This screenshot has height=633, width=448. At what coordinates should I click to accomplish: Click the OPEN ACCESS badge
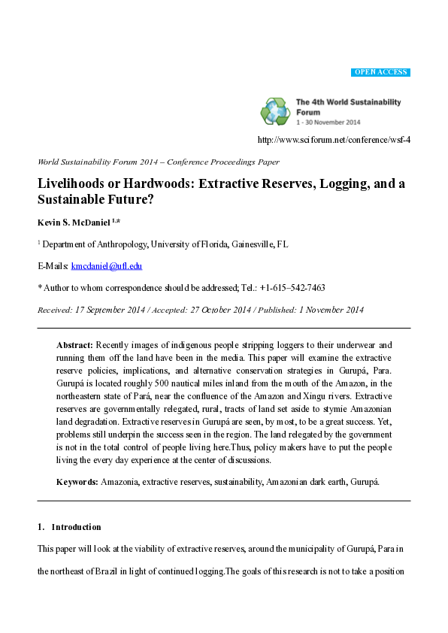point(380,72)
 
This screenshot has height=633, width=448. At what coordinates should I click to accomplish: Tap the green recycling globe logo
point(275,111)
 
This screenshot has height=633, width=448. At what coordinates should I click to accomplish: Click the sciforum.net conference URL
point(334,140)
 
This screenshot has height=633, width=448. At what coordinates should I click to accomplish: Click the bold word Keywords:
point(77,481)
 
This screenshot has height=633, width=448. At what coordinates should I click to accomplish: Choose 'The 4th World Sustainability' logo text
point(348,102)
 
